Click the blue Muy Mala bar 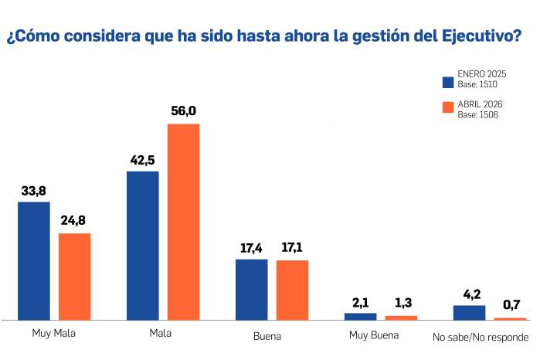pyautogui.click(x=33, y=260)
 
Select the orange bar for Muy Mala pyautogui.click(x=75, y=276)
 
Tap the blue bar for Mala pyautogui.click(x=142, y=245)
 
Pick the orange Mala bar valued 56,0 pyautogui.click(x=184, y=221)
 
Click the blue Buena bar pyautogui.click(x=251, y=289)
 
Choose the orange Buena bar pyautogui.click(x=292, y=290)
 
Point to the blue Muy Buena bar pyautogui.click(x=360, y=316)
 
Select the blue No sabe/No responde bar pyautogui.click(x=469, y=312)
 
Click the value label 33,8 pyautogui.click(x=33, y=190)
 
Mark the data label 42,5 pyautogui.click(x=142, y=160)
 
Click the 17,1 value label pyautogui.click(x=292, y=249)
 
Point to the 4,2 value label pyautogui.click(x=469, y=294)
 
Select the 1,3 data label pyautogui.click(x=401, y=304)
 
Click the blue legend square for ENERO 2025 pyautogui.click(x=447, y=81)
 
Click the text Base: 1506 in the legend pyautogui.click(x=477, y=114)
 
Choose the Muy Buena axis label pyautogui.click(x=374, y=335)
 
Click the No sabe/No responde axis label pyautogui.click(x=481, y=338)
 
